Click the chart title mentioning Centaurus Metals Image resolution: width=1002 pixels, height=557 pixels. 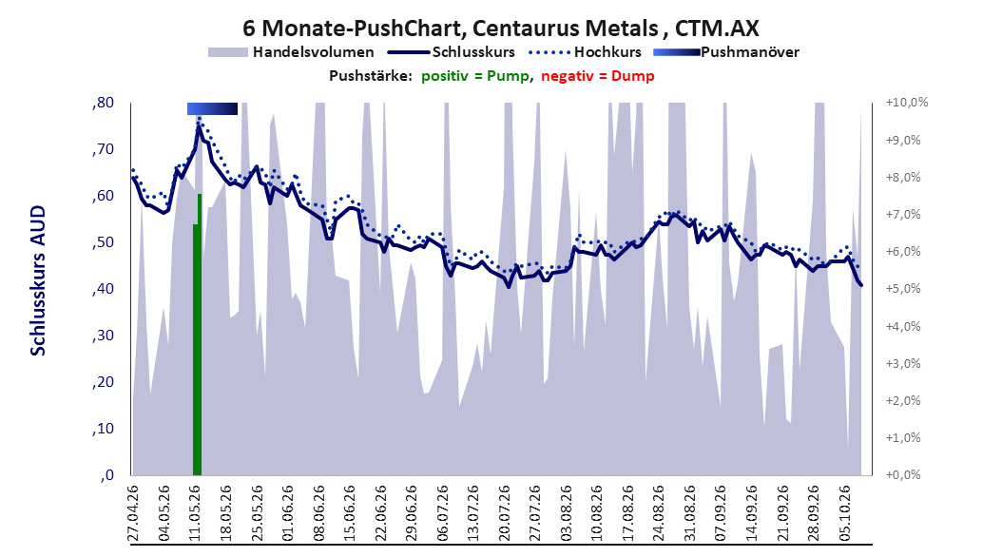click(501, 29)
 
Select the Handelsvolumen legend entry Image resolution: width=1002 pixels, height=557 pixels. click(291, 52)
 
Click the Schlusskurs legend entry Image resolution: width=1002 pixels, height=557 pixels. click(453, 52)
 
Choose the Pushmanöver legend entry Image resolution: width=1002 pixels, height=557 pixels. click(726, 52)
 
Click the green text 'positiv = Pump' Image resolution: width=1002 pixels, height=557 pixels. click(475, 76)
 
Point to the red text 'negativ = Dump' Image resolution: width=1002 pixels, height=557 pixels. click(598, 76)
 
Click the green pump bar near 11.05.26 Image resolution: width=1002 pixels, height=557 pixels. click(198, 335)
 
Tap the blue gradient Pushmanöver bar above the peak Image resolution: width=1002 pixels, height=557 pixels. click(212, 108)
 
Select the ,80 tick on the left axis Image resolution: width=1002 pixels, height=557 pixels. click(104, 103)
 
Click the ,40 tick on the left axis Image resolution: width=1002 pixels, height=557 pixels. click(104, 289)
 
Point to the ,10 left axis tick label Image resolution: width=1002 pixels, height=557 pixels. click(104, 429)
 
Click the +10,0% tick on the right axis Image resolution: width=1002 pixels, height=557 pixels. click(907, 103)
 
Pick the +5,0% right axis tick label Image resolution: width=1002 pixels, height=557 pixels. click(903, 289)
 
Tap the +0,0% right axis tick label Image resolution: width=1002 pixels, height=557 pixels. click(903, 475)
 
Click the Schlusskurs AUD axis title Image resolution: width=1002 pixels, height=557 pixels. click(38, 280)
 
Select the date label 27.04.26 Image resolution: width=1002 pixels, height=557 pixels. click(133, 513)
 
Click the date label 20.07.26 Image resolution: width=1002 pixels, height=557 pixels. click(504, 513)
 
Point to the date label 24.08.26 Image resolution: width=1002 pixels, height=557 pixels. click(659, 513)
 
